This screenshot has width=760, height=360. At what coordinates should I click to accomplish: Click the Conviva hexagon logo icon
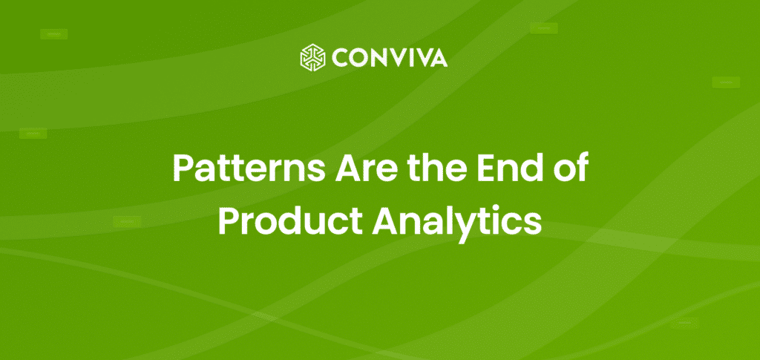click(x=313, y=57)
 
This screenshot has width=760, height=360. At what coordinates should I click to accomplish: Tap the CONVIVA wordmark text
click(x=390, y=57)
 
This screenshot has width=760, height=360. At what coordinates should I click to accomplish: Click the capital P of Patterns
click(x=183, y=170)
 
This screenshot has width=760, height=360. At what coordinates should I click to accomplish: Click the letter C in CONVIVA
click(x=340, y=57)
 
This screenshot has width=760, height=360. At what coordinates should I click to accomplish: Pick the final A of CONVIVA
click(x=439, y=57)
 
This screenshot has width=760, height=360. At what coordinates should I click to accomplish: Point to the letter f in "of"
click(x=581, y=169)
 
